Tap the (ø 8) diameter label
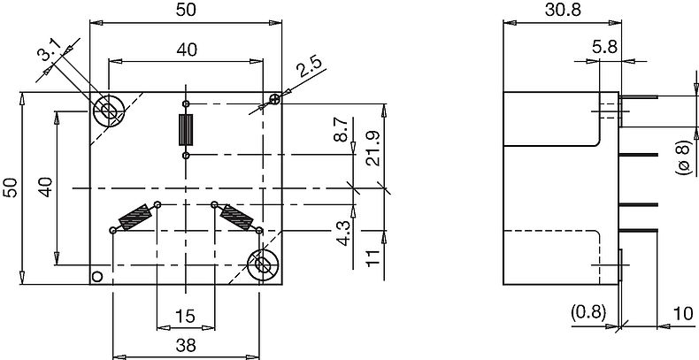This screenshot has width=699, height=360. click(684, 155)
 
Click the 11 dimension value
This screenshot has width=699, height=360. click(373, 258)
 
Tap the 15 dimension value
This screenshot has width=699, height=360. click(184, 317)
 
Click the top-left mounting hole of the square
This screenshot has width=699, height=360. click(108, 111)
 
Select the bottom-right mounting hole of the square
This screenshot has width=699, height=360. click(263, 264)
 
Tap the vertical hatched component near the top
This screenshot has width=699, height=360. click(185, 129)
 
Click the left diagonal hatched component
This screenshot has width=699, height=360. click(134, 216)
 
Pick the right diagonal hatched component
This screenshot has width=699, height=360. click(237, 216)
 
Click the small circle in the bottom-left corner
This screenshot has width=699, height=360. click(97, 277)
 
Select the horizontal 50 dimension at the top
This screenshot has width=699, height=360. click(185, 10)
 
